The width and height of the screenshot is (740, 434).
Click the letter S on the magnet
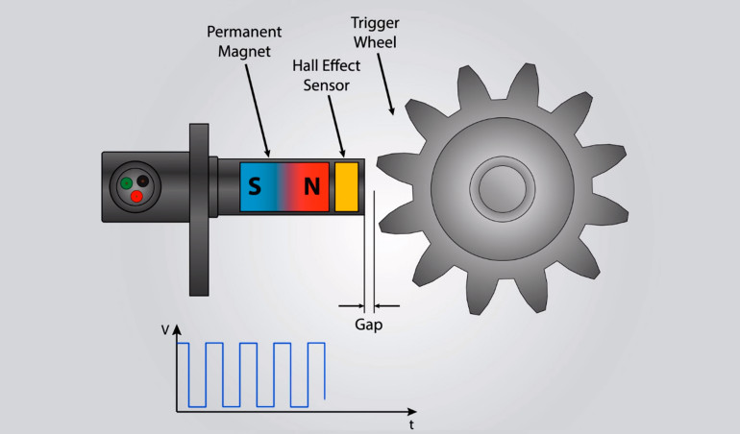[254, 186]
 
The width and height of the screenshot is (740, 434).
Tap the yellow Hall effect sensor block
[346, 186]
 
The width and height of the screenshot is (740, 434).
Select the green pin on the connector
[126, 183]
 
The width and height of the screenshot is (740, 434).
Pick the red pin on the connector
[136, 196]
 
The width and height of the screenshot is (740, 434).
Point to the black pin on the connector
[143, 180]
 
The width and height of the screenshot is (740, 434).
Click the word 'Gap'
[368, 325]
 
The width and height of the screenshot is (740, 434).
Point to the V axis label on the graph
[165, 329]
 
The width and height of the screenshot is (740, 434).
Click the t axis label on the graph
[410, 422]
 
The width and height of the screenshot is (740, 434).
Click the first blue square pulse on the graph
[189, 374]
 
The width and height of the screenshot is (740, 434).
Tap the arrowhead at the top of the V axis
[177, 329]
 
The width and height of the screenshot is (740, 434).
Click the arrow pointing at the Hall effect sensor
[336, 125]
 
